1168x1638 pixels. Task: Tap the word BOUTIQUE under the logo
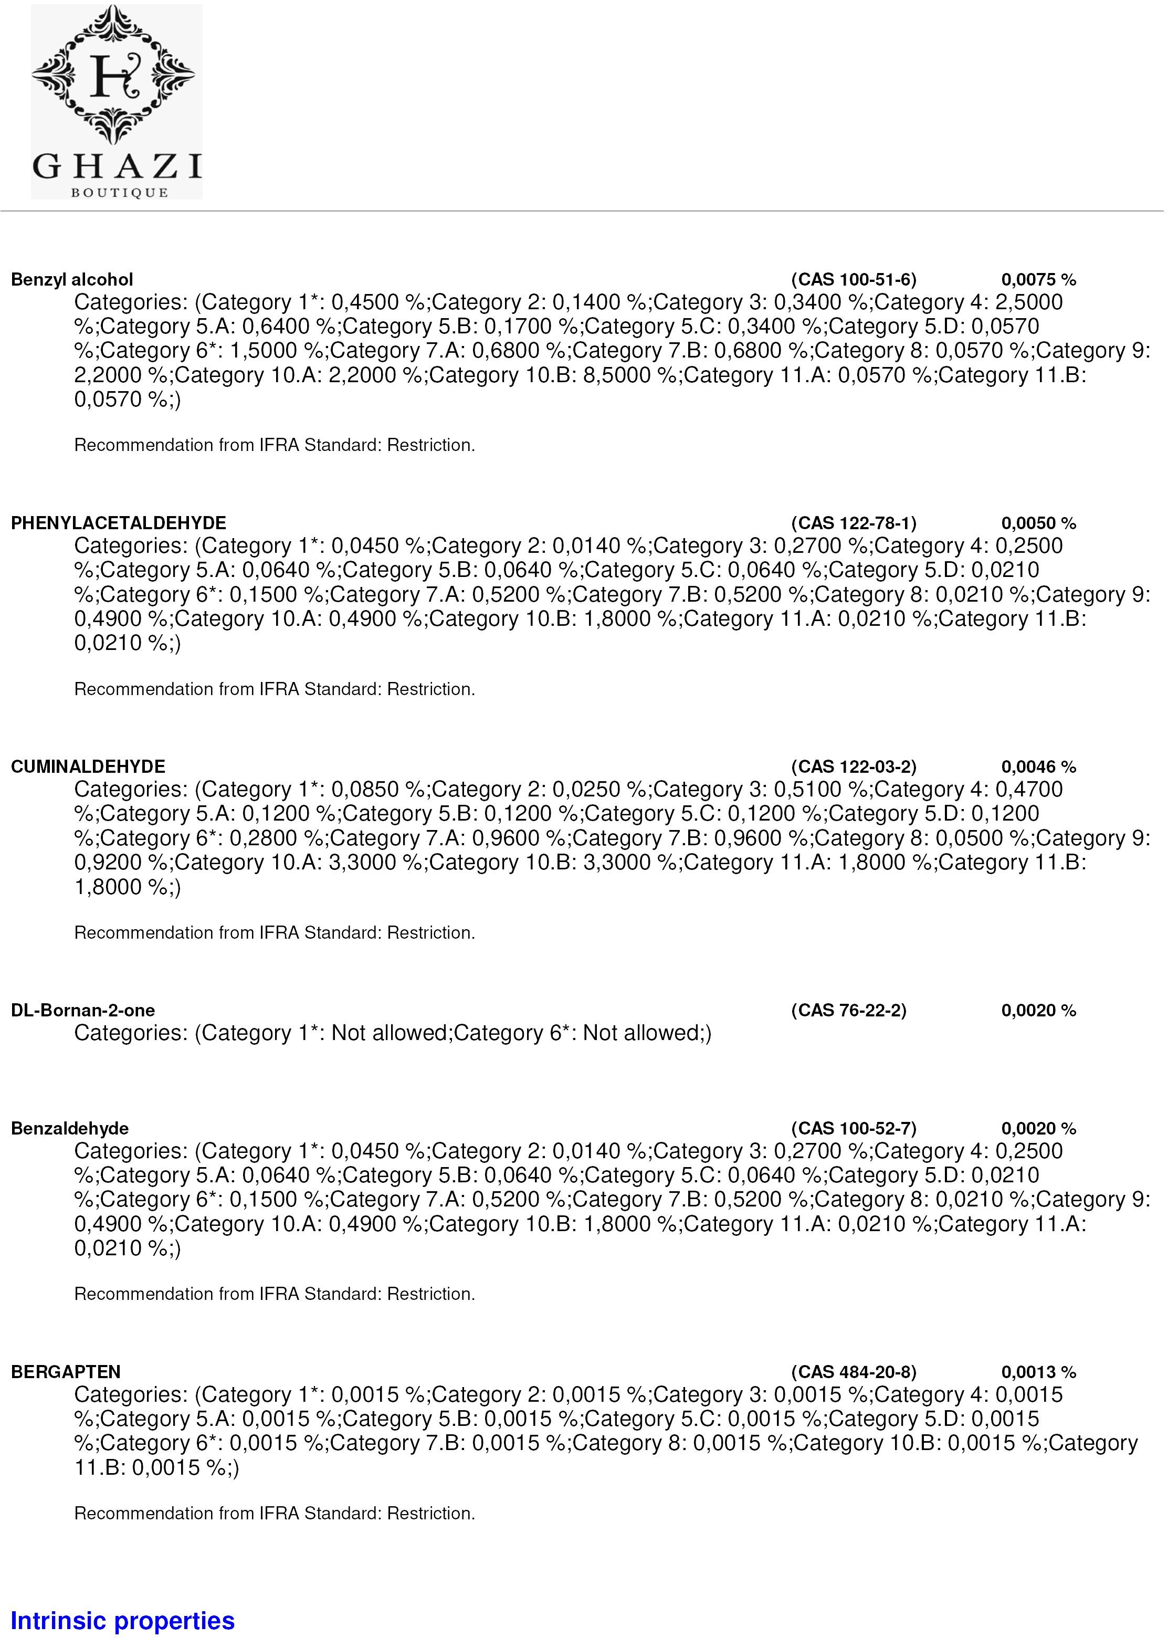click(119, 193)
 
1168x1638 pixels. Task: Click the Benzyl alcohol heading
click(72, 280)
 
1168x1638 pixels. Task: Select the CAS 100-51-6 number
click(854, 280)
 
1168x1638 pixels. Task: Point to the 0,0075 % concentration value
click(1038, 280)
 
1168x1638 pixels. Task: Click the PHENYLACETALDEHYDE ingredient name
click(119, 523)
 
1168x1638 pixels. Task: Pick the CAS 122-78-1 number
click(854, 523)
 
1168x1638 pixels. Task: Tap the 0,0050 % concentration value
click(1038, 523)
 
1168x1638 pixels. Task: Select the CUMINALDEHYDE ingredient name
click(88, 767)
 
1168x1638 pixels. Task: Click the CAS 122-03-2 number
click(854, 767)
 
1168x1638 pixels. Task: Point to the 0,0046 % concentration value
click(1038, 767)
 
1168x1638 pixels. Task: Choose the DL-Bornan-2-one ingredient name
click(83, 1010)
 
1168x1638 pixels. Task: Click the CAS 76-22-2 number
click(849, 1010)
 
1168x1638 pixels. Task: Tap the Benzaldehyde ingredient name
click(70, 1129)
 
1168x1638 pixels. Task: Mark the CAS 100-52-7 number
click(854, 1129)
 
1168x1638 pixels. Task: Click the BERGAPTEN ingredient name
click(66, 1372)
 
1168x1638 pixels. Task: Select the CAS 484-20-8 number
click(854, 1372)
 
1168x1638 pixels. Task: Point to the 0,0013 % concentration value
click(1038, 1372)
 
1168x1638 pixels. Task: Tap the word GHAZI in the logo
click(117, 166)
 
